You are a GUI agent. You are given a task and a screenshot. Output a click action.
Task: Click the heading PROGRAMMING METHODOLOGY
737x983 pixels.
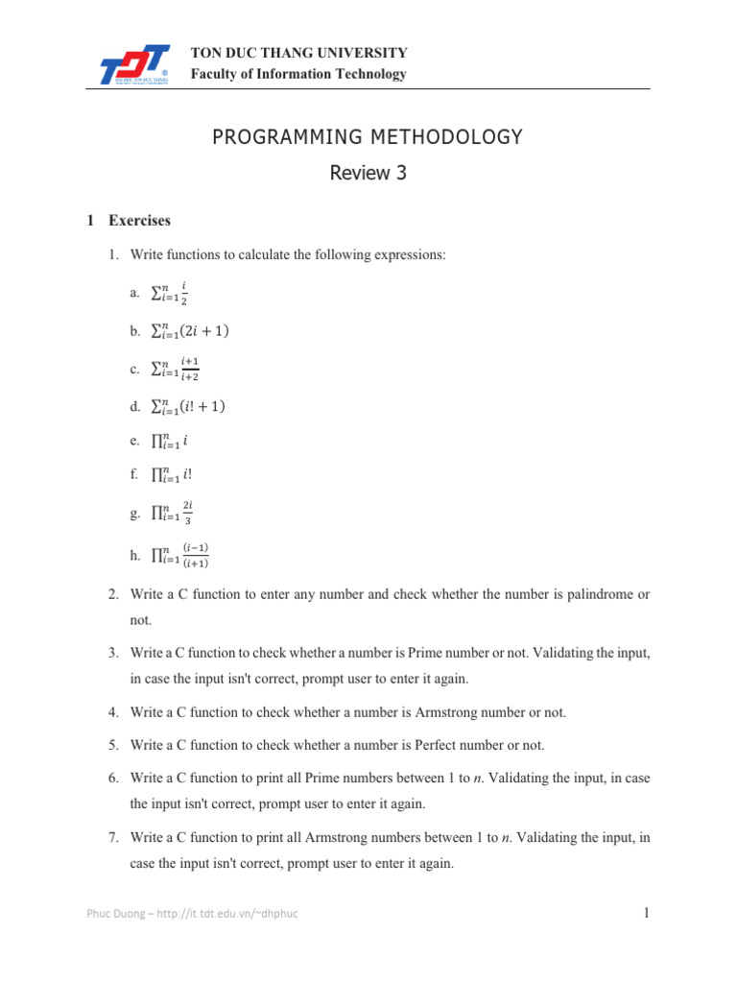click(368, 137)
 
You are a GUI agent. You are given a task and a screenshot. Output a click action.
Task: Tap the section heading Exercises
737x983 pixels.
click(139, 221)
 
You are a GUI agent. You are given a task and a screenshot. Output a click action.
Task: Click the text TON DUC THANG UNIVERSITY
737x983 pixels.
click(299, 53)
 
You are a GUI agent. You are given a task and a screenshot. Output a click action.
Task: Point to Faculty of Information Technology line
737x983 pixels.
click(298, 74)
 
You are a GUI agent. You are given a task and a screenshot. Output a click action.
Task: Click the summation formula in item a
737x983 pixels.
click(172, 293)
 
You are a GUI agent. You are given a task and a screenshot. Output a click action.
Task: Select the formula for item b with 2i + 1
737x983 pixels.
click(191, 331)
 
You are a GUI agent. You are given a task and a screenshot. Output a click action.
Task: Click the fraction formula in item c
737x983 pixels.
click(177, 368)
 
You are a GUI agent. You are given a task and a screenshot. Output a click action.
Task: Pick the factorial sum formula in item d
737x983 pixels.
click(189, 406)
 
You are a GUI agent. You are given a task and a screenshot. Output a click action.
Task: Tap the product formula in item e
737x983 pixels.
click(169, 443)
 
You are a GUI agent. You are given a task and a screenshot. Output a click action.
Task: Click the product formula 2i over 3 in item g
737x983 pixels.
click(174, 515)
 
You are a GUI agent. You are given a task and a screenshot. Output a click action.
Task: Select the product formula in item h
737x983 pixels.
click(180, 555)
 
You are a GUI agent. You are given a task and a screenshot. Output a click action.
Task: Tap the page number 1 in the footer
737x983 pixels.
click(647, 913)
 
